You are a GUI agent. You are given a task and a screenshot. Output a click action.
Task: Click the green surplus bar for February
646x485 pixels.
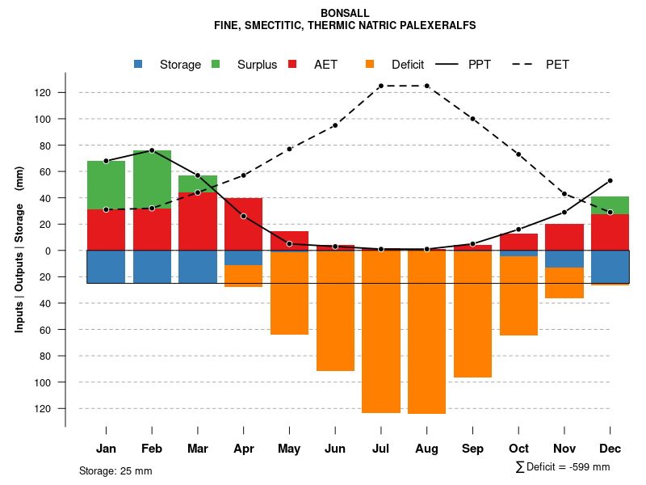click(x=152, y=179)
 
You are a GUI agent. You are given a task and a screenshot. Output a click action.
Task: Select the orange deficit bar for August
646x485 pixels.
click(x=426, y=331)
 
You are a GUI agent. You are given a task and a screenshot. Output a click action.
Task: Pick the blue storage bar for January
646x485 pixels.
click(x=106, y=267)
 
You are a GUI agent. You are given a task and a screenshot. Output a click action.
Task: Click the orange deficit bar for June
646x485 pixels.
click(x=335, y=311)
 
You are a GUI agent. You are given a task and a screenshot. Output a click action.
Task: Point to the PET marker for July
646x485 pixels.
click(x=380, y=86)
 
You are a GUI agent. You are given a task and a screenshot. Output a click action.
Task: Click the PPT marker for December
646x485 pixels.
click(x=610, y=180)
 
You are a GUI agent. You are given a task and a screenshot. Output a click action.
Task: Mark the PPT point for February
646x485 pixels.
click(x=152, y=150)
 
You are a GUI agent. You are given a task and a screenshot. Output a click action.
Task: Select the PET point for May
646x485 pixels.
click(x=289, y=149)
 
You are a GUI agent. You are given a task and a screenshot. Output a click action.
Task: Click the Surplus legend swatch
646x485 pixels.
click(x=216, y=65)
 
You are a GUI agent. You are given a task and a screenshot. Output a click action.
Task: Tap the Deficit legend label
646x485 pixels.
click(x=408, y=65)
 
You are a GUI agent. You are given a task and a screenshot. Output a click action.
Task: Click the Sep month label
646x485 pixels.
click(x=472, y=449)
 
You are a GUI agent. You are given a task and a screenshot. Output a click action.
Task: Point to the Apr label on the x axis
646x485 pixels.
click(x=243, y=449)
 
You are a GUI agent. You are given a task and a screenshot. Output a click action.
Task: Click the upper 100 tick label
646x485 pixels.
click(x=43, y=119)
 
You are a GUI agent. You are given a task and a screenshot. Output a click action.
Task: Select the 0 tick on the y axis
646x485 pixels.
click(x=48, y=251)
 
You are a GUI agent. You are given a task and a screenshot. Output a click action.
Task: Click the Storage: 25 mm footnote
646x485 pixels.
click(x=115, y=470)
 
